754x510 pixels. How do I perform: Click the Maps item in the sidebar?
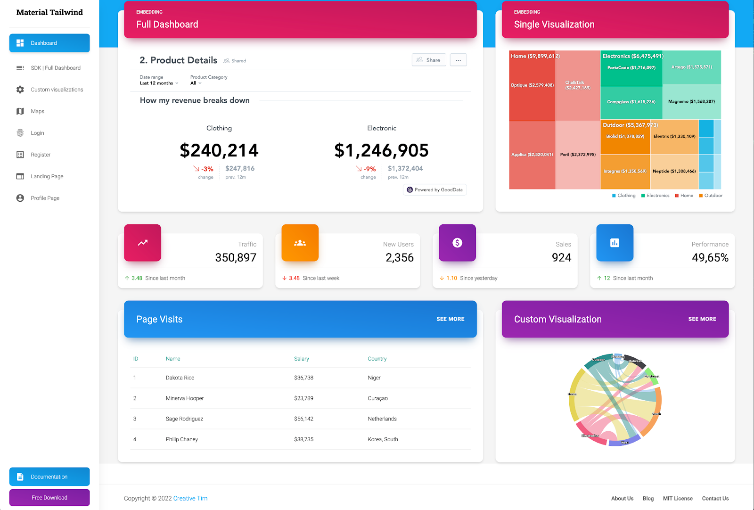tap(37, 111)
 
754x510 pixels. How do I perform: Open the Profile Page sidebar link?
tap(45, 198)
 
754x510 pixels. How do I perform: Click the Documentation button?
tap(49, 477)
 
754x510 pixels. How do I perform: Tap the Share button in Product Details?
tap(429, 60)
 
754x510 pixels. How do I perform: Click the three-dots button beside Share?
tap(458, 60)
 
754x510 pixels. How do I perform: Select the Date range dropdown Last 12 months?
tap(159, 83)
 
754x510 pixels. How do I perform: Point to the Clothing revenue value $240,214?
tap(219, 150)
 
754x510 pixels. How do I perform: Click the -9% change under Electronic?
tap(367, 169)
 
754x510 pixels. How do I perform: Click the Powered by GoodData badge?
tap(435, 189)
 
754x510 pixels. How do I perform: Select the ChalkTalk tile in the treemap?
tap(578, 85)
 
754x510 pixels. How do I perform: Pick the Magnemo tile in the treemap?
tap(691, 101)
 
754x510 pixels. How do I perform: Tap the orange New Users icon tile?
tap(300, 243)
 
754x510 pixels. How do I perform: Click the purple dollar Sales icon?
tap(457, 243)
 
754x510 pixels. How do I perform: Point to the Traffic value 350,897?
tap(236, 257)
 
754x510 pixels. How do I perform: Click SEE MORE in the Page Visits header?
tap(450, 319)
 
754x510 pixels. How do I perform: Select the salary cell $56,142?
tap(303, 419)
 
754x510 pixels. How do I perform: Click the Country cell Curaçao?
tap(377, 398)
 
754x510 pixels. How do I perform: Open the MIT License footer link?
tap(677, 498)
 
